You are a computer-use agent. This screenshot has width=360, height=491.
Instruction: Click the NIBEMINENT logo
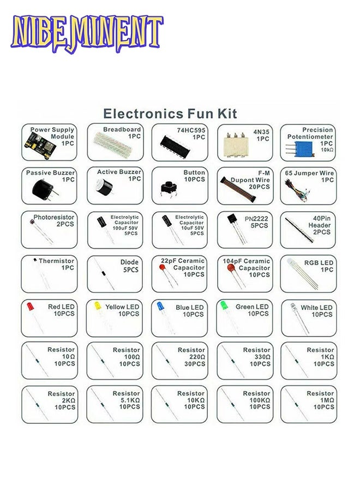click(x=87, y=33)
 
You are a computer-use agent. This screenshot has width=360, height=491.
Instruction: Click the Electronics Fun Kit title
click(x=170, y=113)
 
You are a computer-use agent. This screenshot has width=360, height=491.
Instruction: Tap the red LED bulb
click(x=30, y=306)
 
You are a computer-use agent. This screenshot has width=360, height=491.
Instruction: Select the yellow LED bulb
click(x=98, y=306)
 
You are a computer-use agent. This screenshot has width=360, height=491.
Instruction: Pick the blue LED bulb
click(x=160, y=306)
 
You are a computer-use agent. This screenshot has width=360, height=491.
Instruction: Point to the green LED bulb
click(x=224, y=305)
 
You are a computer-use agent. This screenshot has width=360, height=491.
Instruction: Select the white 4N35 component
click(x=236, y=144)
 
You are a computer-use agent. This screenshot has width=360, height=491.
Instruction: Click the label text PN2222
click(x=256, y=219)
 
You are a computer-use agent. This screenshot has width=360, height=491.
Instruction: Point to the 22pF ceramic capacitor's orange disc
click(x=162, y=268)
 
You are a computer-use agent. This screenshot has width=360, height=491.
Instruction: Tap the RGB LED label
click(x=319, y=263)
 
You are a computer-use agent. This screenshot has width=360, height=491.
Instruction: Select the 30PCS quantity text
click(x=195, y=364)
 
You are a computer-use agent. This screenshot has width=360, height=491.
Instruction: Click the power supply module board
click(x=39, y=146)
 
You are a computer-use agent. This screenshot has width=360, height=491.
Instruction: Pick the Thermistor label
click(x=56, y=261)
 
